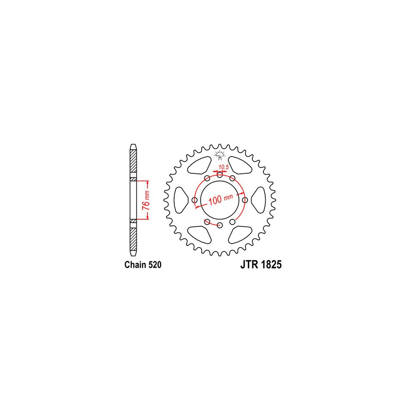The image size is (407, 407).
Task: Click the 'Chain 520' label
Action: tap(143, 265)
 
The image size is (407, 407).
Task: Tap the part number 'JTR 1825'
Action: tap(261, 265)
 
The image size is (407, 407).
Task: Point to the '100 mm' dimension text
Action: tap(220, 199)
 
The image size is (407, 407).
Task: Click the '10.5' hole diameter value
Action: tap(223, 167)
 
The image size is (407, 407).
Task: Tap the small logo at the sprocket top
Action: tap(220, 155)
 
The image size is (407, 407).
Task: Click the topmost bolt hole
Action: tap(220, 175)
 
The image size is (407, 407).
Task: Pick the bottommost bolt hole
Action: tap(220, 225)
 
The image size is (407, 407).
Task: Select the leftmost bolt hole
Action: tap(195, 200)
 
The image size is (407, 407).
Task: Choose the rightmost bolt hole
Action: tap(245, 200)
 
